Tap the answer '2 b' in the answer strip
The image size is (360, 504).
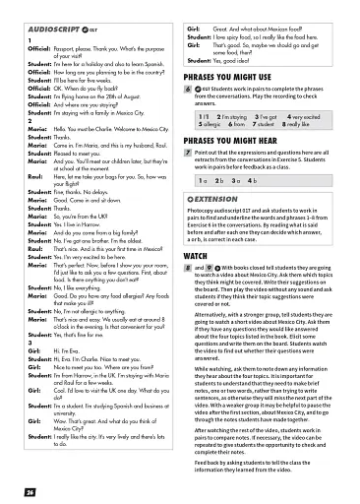(217, 181)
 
